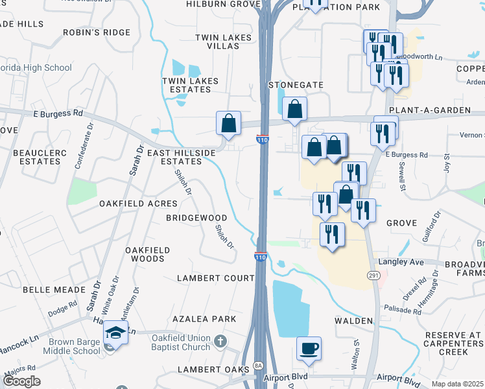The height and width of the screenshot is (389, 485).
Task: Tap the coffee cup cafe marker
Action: (308, 349)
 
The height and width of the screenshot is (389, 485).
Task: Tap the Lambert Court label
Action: (216, 278)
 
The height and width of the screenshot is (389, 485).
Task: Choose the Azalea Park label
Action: (204, 320)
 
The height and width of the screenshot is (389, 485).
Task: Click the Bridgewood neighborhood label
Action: (196, 218)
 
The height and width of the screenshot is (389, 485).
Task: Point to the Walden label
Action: (353, 321)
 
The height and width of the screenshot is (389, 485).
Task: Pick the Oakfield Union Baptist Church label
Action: (181, 343)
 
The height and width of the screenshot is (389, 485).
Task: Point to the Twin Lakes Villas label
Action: (223, 42)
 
